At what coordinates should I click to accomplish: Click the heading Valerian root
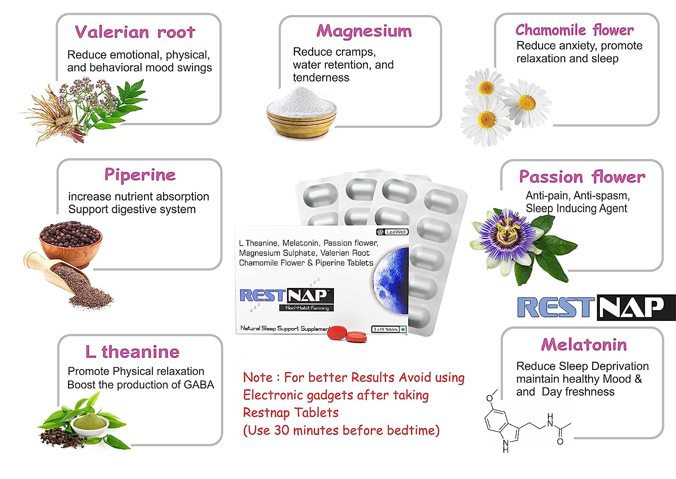click(x=135, y=32)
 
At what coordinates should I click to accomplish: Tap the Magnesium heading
click(x=364, y=31)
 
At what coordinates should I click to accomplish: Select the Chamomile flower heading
click(x=574, y=30)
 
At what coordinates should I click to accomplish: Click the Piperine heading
click(x=140, y=174)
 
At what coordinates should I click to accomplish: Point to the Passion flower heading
click(x=582, y=177)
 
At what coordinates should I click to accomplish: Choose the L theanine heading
click(x=132, y=351)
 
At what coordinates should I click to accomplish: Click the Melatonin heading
click(x=584, y=345)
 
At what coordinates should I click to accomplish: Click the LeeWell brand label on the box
click(x=393, y=232)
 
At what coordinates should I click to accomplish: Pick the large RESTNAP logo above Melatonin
click(x=596, y=307)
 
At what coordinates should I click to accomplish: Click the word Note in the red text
click(x=258, y=377)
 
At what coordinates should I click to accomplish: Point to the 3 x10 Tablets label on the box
click(x=386, y=329)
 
